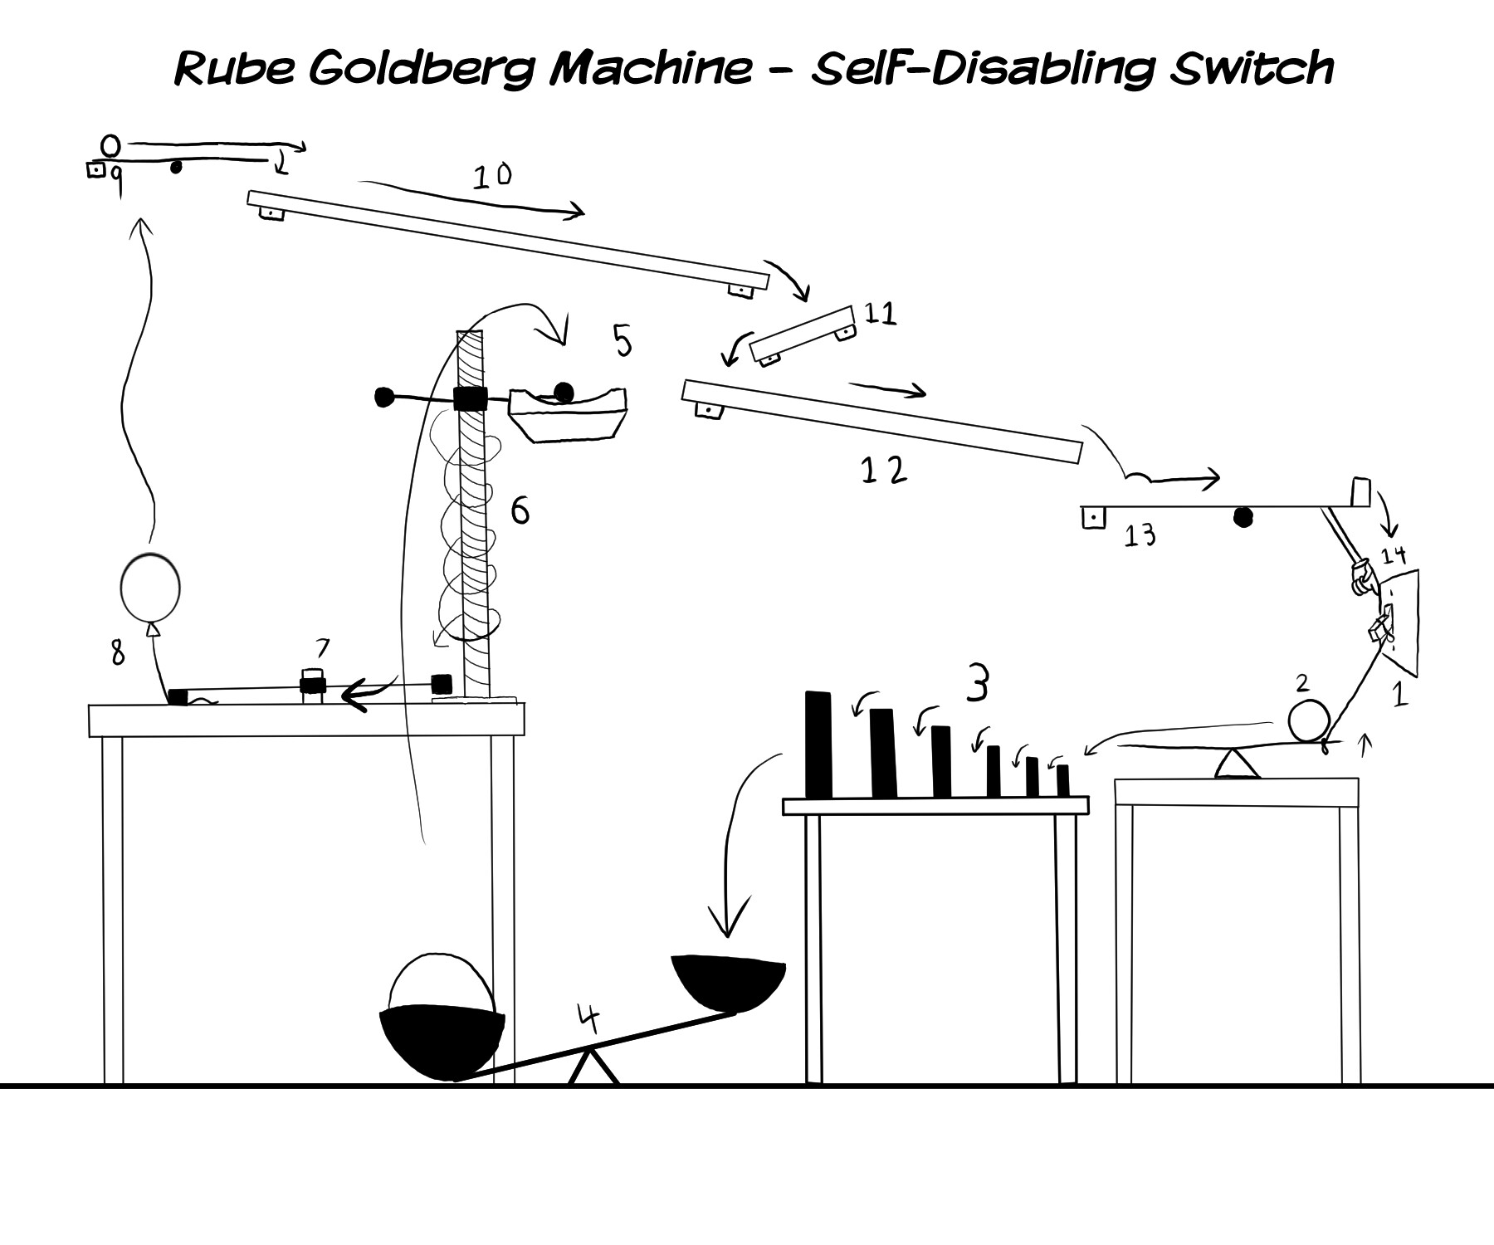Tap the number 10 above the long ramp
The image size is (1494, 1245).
click(492, 176)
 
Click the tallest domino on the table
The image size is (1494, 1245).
click(818, 745)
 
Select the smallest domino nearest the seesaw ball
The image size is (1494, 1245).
click(1062, 780)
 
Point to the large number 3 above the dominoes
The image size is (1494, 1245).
click(979, 686)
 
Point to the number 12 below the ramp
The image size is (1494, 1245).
click(883, 471)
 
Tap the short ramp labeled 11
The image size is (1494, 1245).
click(802, 334)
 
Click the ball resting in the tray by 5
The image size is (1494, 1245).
click(564, 391)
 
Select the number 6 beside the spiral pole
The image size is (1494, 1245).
click(520, 511)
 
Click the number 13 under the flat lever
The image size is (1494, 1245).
click(1140, 536)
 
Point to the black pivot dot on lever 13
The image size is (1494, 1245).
click(1242, 518)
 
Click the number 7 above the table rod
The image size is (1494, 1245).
click(322, 648)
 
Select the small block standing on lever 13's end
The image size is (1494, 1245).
click(1360, 491)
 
